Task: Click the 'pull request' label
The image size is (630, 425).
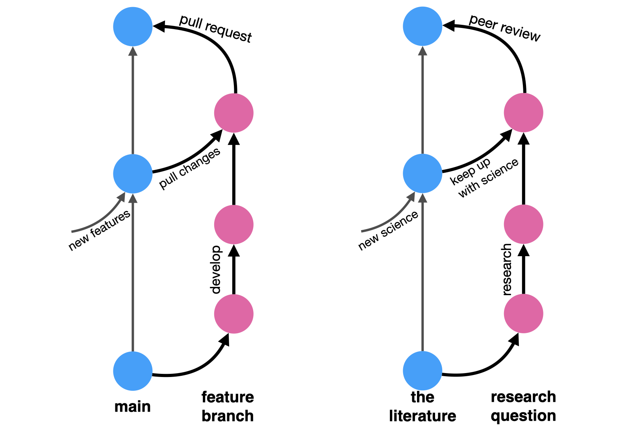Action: pyautogui.click(x=215, y=29)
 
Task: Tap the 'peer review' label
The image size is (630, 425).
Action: pyautogui.click(x=504, y=28)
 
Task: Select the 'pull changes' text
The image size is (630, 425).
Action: pyautogui.click(x=190, y=169)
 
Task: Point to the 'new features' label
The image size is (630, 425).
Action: pyautogui.click(x=99, y=230)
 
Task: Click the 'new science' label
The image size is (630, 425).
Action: pyautogui.click(x=388, y=231)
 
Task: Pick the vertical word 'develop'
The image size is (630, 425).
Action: pyautogui.click(x=216, y=270)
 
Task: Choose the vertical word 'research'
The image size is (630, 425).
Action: pyautogui.click(x=507, y=270)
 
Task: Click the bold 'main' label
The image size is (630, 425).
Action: pyautogui.click(x=132, y=407)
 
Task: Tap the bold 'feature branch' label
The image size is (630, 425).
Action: pyautogui.click(x=228, y=406)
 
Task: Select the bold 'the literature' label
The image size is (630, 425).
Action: pyautogui.click(x=422, y=406)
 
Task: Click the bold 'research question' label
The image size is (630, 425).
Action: pyautogui.click(x=523, y=406)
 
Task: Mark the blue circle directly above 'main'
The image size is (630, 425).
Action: pyautogui.click(x=133, y=371)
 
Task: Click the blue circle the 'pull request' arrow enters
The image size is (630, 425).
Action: pyautogui.click(x=133, y=27)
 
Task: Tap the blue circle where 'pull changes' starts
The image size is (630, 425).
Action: pyautogui.click(x=133, y=174)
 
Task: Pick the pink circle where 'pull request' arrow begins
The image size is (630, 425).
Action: pyautogui.click(x=234, y=113)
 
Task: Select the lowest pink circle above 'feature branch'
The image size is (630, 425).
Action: pyautogui.click(x=234, y=314)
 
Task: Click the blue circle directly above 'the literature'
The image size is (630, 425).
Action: pyautogui.click(x=422, y=371)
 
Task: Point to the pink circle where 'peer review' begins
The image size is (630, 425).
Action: pyautogui.click(x=524, y=113)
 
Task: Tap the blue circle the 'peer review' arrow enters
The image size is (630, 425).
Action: pyautogui.click(x=422, y=26)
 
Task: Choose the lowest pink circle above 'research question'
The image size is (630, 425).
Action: pyautogui.click(x=524, y=314)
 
